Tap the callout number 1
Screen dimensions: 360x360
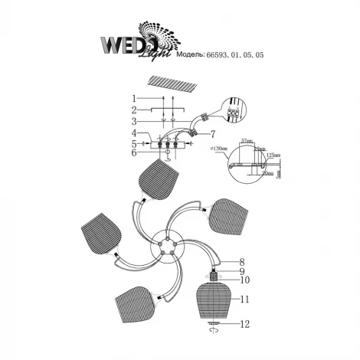click(133, 99)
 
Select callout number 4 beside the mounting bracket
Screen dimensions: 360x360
click(133, 133)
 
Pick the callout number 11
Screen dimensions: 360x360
click(243, 299)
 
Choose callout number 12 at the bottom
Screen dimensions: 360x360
click(243, 325)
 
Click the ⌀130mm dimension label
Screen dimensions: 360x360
click(218, 147)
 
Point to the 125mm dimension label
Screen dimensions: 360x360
click(272, 154)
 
